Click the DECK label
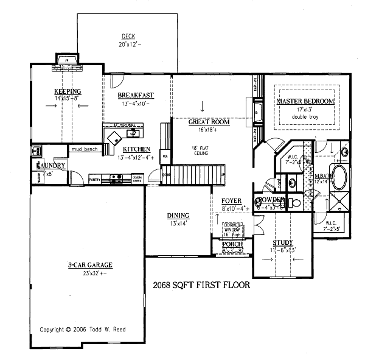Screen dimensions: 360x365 coord(128,37)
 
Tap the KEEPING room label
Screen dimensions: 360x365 coord(68,91)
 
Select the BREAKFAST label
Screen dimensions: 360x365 coord(136,95)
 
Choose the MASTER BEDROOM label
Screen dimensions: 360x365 coord(305,101)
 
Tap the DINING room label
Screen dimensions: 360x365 coord(178,216)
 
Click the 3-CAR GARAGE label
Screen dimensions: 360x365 coord(86,265)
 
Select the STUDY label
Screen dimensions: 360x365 coord(282,243)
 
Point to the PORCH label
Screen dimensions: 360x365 coord(232,244)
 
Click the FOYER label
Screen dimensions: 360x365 coord(231,200)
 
